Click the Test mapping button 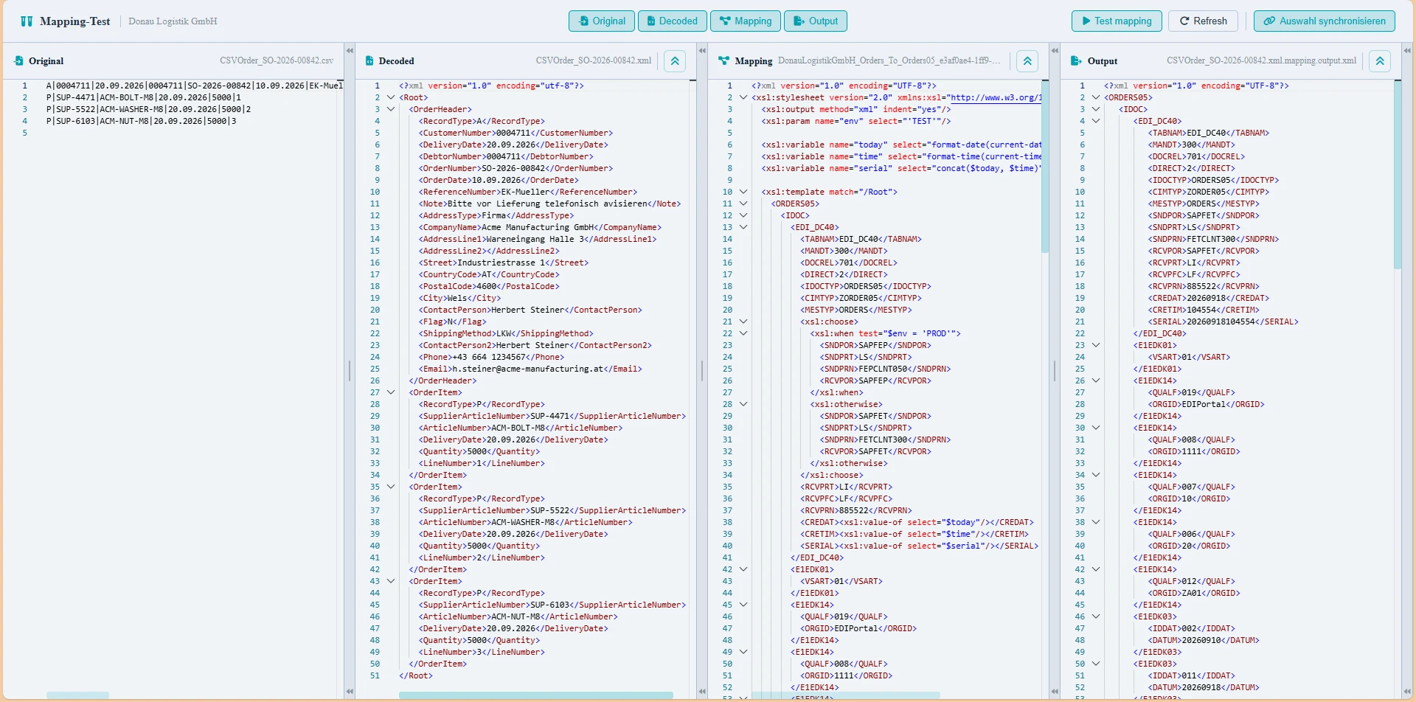point(1117,21)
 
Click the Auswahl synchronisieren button point(1325,21)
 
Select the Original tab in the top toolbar point(602,21)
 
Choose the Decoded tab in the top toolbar point(673,21)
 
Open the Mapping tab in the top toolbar point(746,21)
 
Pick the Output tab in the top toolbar point(816,21)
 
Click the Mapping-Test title point(75,21)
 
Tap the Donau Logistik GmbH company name point(173,21)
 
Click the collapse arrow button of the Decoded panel point(675,61)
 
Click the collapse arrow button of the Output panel point(1380,61)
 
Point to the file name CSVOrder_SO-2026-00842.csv point(277,60)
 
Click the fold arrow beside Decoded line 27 point(391,392)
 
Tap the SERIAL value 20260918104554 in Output point(1221,322)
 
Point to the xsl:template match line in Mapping point(830,192)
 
